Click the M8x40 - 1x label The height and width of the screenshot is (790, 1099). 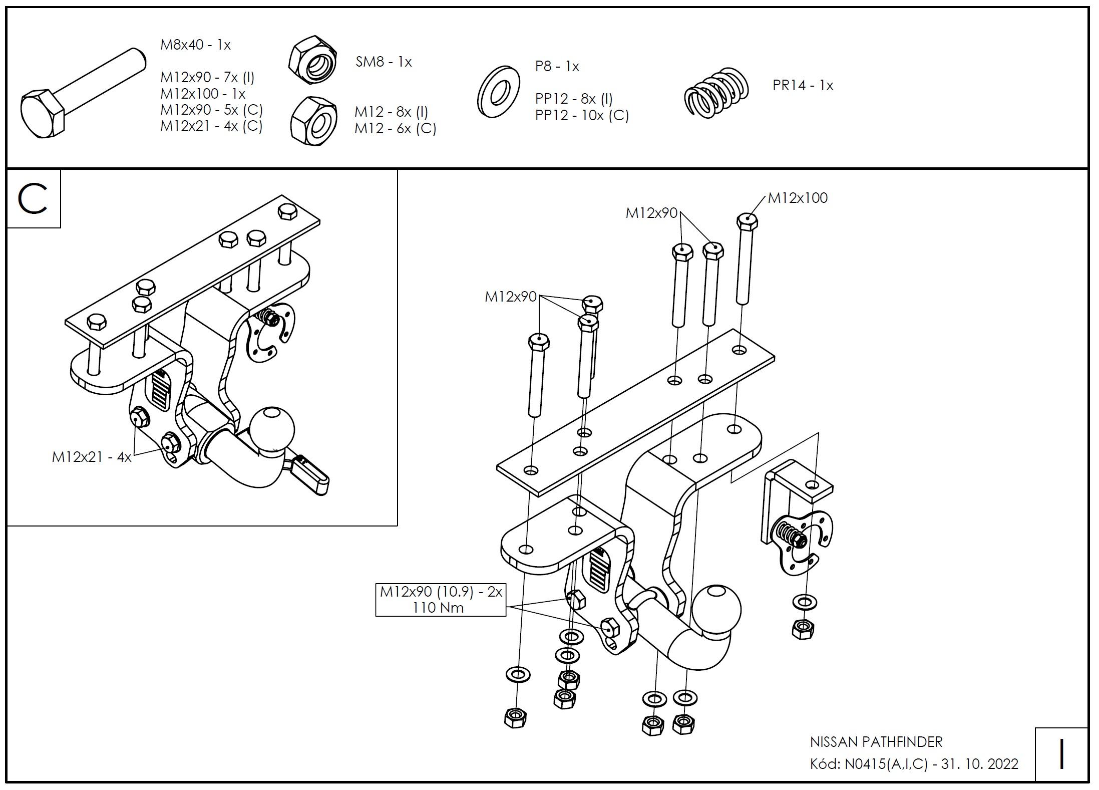tap(195, 45)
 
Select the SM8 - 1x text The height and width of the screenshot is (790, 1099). tap(384, 62)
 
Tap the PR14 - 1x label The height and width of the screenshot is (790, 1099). tap(803, 86)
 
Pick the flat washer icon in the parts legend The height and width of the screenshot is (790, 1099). tap(498, 92)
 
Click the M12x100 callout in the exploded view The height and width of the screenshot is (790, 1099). tap(798, 198)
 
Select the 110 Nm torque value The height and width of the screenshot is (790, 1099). tap(438, 608)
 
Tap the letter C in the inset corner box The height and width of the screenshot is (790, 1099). tap(33, 199)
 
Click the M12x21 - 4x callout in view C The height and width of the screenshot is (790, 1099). tap(92, 457)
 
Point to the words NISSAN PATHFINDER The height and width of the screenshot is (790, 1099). tap(876, 741)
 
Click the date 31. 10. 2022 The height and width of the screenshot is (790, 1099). tap(980, 764)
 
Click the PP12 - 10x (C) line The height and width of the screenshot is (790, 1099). tap(582, 116)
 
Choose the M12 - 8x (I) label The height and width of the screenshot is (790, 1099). tap(391, 112)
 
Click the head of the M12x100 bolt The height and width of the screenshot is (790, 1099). tap(747, 221)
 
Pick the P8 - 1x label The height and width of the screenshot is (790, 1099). tap(557, 66)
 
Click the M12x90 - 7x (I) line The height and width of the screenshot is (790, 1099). tap(207, 78)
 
